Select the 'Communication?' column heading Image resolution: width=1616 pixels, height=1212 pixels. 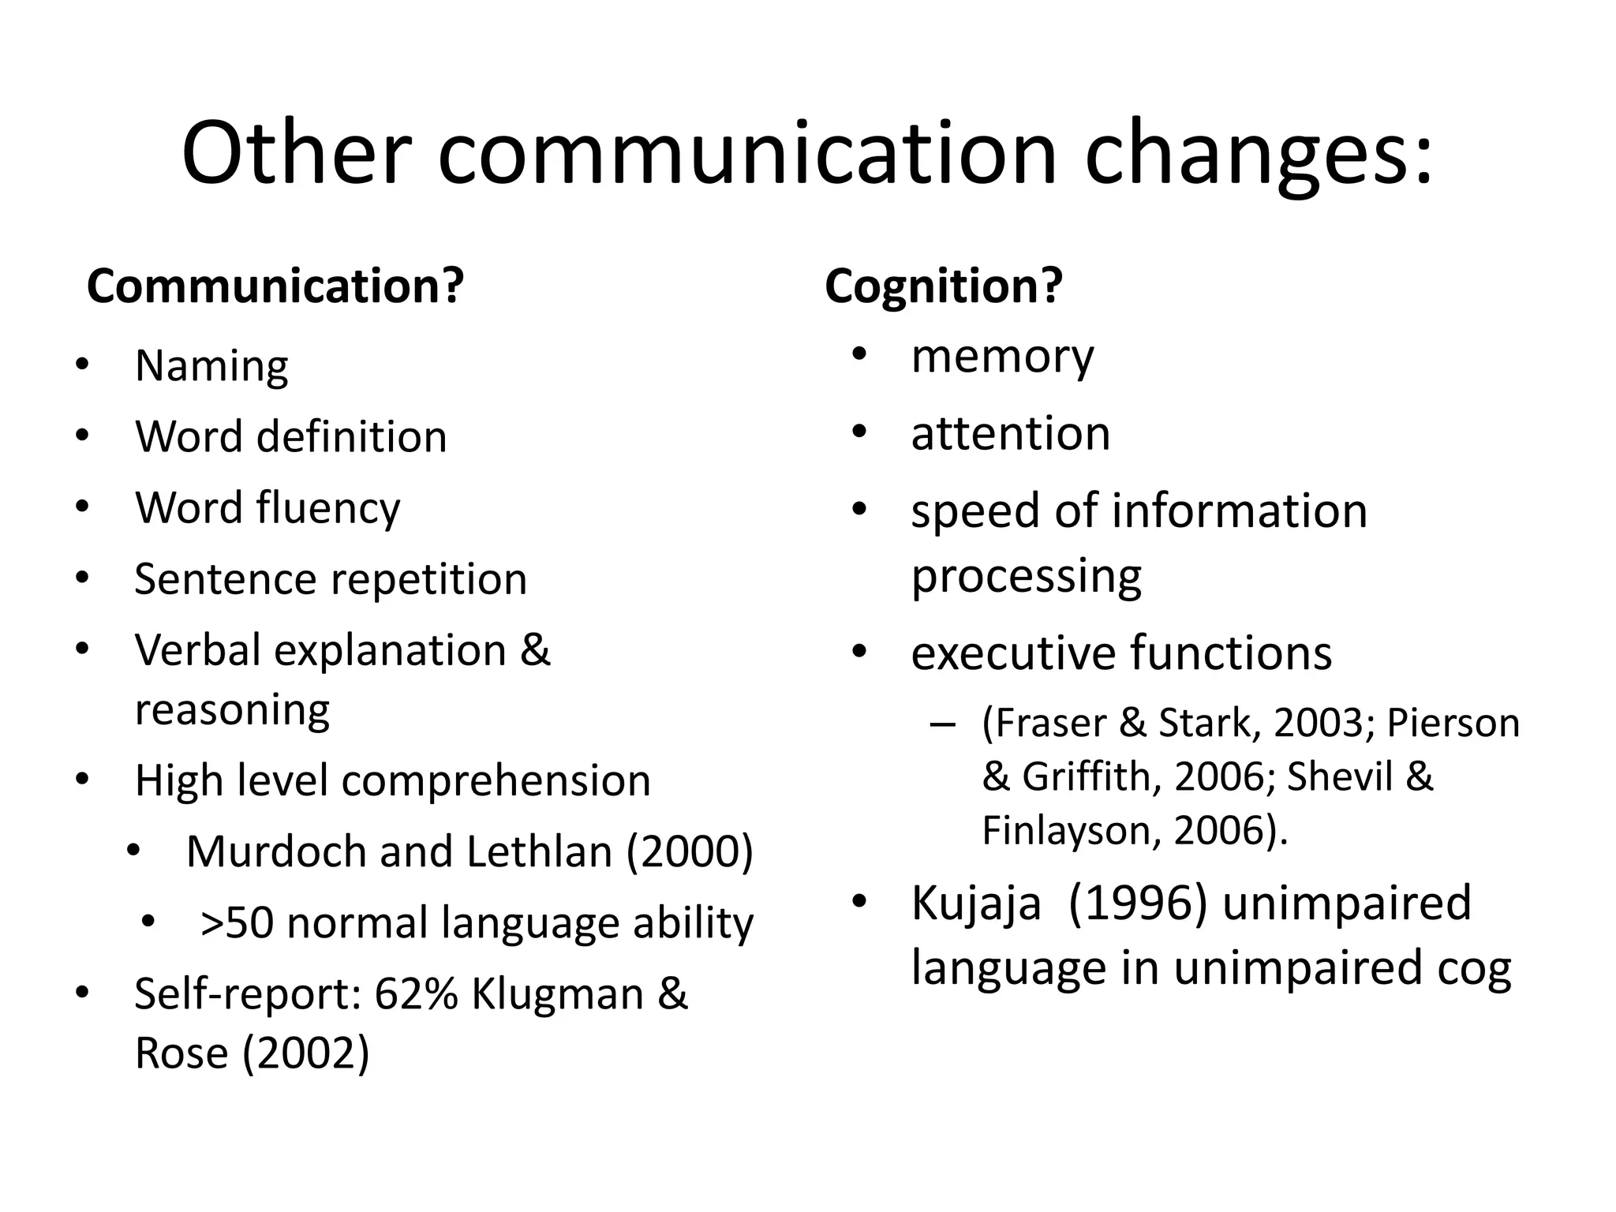275,286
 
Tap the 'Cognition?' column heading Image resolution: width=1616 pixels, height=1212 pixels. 944,286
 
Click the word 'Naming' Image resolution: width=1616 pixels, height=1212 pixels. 211,367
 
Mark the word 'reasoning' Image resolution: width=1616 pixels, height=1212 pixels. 232,710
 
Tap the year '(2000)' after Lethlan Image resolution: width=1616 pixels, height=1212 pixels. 690,852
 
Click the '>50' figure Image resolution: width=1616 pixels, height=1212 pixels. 236,923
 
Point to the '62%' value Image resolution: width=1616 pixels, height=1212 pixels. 416,994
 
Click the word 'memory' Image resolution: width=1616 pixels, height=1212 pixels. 1002,357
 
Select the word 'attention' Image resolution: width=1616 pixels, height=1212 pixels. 1010,434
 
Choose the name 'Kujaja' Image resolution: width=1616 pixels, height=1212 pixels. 976,903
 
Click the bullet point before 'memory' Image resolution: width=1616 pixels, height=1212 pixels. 859,355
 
